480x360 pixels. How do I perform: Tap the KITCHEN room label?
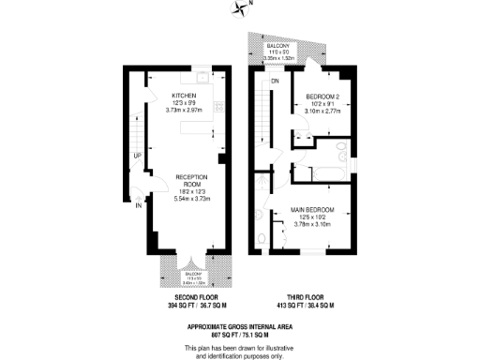pyautogui.click(x=183, y=97)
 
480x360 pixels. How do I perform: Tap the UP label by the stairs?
pyautogui.click(x=137, y=155)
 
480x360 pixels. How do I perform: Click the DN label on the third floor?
pyautogui.click(x=276, y=82)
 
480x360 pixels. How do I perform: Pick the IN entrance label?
pyautogui.click(x=138, y=203)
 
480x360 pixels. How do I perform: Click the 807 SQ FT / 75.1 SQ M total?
pyautogui.click(x=241, y=333)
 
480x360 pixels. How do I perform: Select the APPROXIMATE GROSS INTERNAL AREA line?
pyautogui.click(x=241, y=324)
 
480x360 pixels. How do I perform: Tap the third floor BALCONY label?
pyautogui.click(x=278, y=44)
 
